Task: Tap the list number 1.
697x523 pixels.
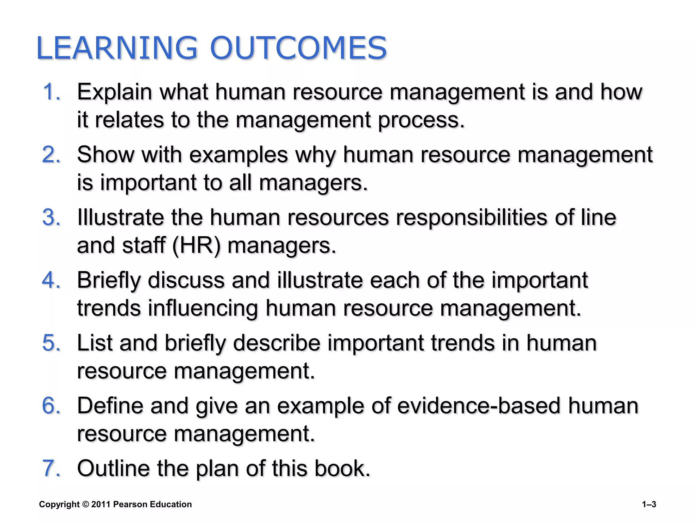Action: (x=51, y=92)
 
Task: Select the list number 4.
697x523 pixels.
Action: (x=51, y=280)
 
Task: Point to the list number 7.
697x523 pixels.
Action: (x=51, y=468)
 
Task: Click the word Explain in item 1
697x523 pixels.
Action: (x=115, y=92)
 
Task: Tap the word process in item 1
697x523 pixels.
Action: (x=421, y=120)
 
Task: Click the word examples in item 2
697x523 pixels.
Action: (x=239, y=155)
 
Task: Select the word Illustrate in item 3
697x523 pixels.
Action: (x=120, y=217)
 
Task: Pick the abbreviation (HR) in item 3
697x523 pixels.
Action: (x=197, y=245)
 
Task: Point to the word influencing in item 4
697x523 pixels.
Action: (x=203, y=308)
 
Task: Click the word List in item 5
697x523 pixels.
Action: (x=95, y=343)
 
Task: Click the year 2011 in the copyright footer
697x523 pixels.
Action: (x=101, y=504)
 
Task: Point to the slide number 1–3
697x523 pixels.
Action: (x=649, y=505)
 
